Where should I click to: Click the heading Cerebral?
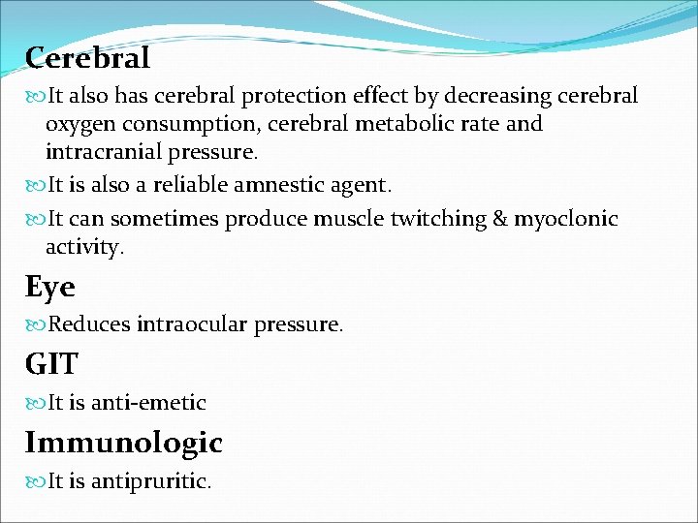pyautogui.click(x=87, y=59)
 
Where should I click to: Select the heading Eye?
pyautogui.click(x=49, y=287)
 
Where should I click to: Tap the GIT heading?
pyautogui.click(x=51, y=364)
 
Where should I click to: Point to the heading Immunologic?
pyautogui.click(x=123, y=443)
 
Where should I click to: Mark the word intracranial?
pyautogui.click(x=105, y=153)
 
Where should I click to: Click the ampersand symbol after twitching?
pyautogui.click(x=500, y=219)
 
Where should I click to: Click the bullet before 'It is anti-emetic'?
pyautogui.click(x=36, y=403)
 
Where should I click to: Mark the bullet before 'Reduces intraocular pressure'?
pyautogui.click(x=36, y=325)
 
